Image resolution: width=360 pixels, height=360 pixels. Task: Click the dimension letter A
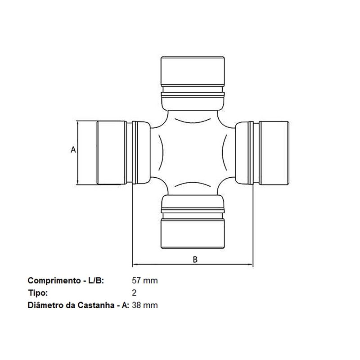(x=73, y=149)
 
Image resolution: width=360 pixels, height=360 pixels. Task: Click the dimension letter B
(x=195, y=259)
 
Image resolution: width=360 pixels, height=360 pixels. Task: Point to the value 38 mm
(x=144, y=306)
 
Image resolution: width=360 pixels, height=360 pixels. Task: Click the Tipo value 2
(x=135, y=293)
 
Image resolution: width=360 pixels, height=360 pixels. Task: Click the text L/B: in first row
(x=94, y=280)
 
